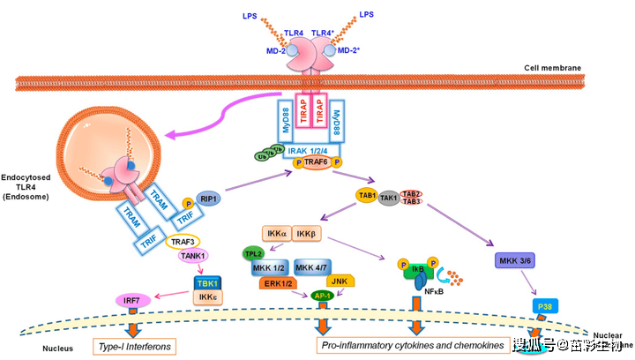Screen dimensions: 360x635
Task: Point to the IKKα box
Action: click(275, 236)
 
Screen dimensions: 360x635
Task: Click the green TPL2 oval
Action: click(255, 255)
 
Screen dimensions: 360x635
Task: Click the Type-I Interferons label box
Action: click(133, 344)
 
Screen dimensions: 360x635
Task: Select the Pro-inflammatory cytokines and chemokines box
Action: click(412, 344)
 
